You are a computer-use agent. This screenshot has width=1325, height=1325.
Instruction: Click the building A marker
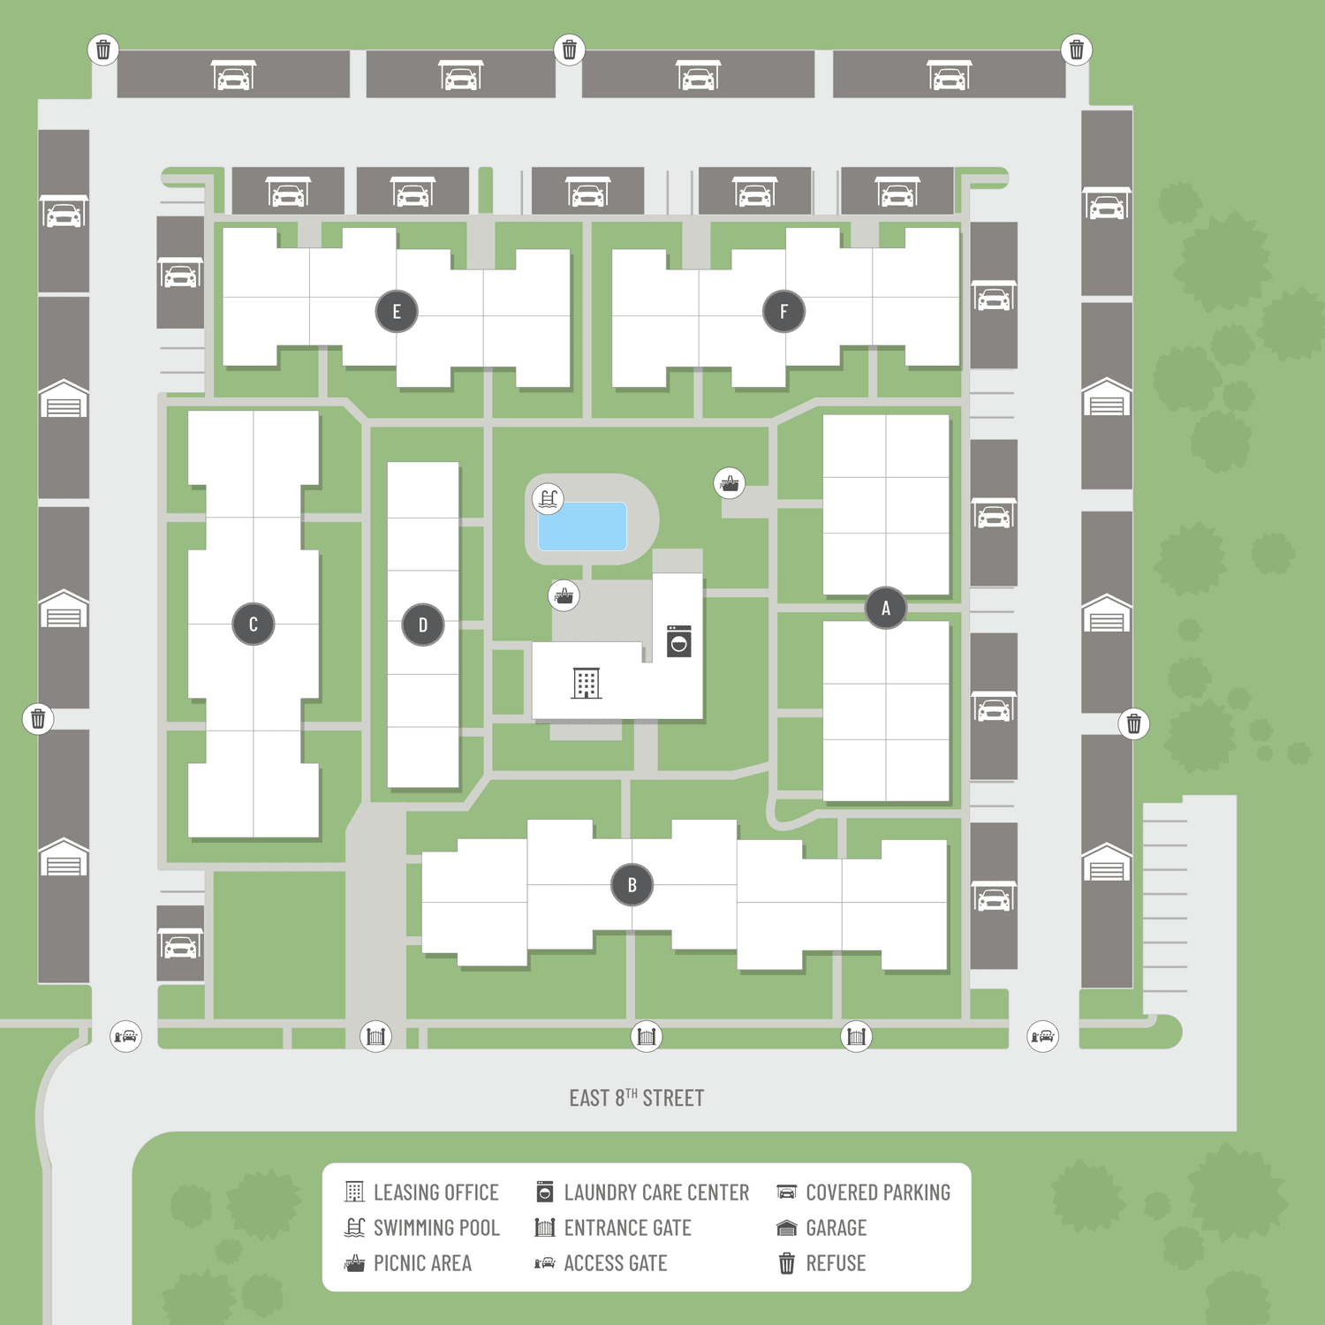886,608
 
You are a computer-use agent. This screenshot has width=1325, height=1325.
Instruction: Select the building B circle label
632,885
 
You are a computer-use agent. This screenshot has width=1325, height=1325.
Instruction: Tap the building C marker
254,625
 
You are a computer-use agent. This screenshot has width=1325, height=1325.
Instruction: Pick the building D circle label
423,625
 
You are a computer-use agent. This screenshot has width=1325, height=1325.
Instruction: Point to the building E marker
397,311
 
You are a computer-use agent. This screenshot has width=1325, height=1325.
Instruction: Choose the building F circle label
784,311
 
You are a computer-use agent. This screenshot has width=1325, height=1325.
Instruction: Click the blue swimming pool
582,526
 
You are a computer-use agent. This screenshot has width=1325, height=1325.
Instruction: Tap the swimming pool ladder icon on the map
549,499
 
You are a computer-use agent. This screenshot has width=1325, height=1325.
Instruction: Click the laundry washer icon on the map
679,641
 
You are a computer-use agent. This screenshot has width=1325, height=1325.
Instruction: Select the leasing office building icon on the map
587,683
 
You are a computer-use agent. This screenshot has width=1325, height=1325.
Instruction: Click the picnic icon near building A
730,483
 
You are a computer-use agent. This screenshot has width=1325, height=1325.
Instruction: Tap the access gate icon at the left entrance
126,1035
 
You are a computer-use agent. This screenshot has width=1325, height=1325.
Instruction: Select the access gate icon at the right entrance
1043,1035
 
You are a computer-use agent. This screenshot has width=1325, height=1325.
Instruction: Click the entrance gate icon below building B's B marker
647,1035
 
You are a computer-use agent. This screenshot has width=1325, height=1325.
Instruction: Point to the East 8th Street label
637,1098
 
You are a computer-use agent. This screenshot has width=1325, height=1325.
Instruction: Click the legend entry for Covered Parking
864,1192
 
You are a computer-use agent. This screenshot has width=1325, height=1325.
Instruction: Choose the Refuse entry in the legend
821,1263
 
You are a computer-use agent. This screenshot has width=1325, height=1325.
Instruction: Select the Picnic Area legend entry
408,1263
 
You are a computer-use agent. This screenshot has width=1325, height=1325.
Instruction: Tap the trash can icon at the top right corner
1077,49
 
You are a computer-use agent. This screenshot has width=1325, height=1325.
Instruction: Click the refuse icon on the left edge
38,719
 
